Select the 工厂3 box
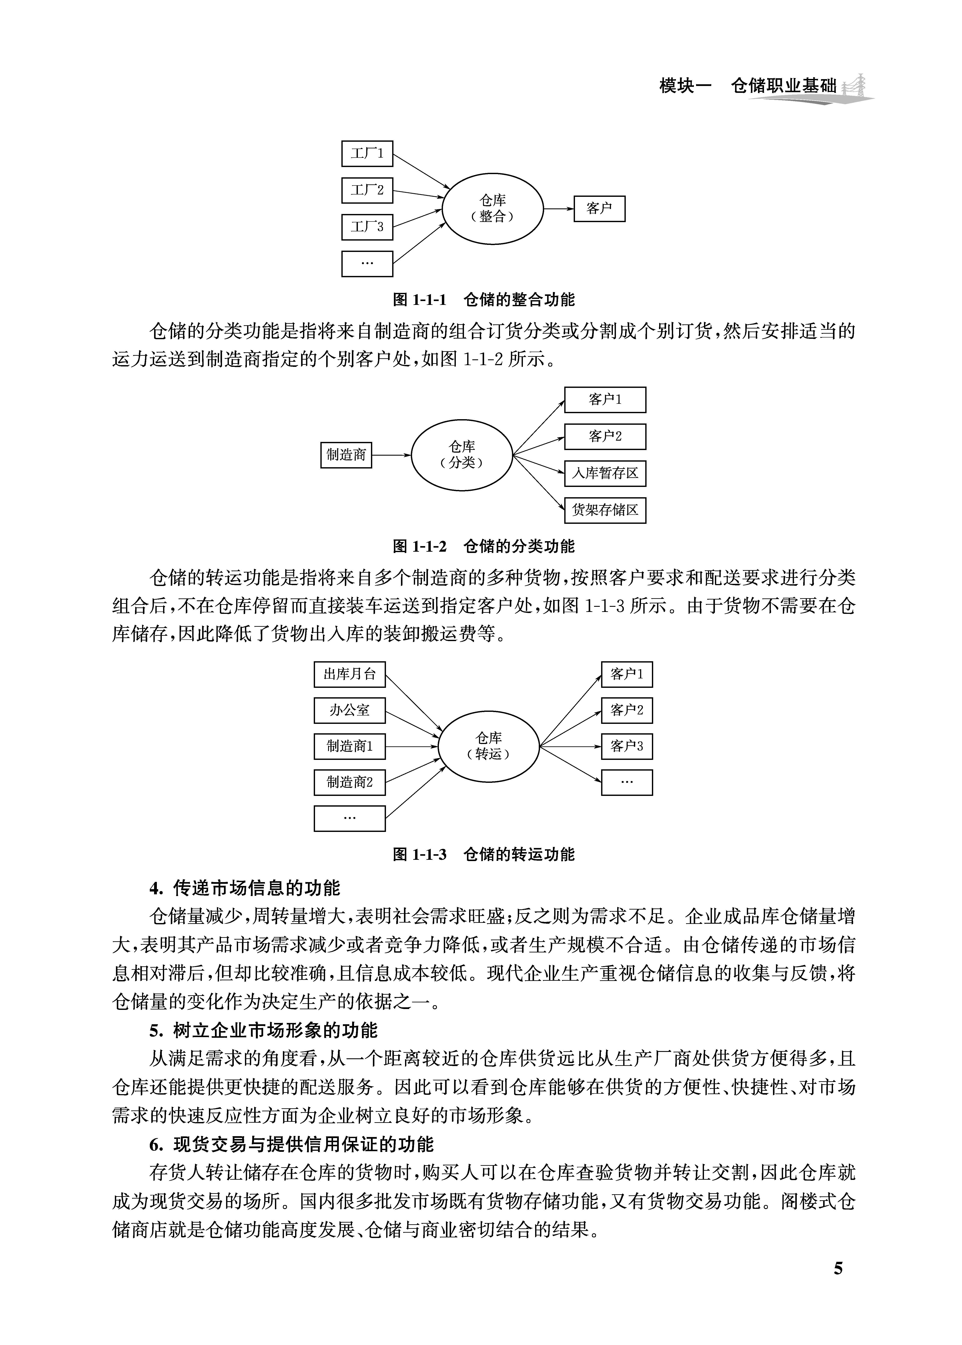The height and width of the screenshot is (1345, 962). click(367, 227)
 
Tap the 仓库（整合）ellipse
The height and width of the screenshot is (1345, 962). click(493, 209)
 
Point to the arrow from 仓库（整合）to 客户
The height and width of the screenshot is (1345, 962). click(559, 209)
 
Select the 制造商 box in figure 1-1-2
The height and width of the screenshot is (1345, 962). click(346, 455)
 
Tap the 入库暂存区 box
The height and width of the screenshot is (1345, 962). click(605, 473)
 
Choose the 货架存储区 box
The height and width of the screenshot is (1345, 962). click(605, 510)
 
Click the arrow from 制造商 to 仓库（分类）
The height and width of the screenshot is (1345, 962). click(391, 455)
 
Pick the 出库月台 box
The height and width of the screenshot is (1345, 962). click(350, 674)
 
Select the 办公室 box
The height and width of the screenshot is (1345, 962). click(350, 710)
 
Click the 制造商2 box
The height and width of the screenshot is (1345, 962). click(350, 783)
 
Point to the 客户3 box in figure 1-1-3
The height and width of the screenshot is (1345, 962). click(627, 747)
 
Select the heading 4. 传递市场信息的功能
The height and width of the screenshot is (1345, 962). click(245, 888)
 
